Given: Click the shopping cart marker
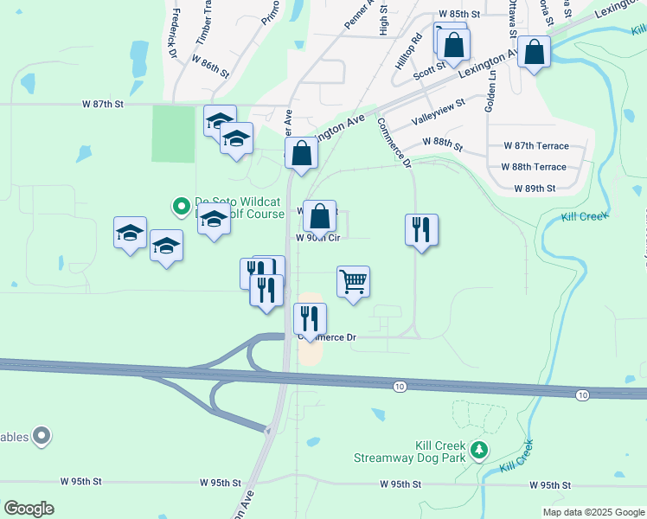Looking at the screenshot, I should coord(353,282).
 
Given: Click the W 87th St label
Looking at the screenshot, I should coord(104,104).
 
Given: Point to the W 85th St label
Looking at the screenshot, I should coord(459,15).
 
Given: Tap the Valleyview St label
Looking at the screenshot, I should coord(438,113).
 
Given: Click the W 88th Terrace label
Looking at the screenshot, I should coord(534,167).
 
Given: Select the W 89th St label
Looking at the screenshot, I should coord(534,188).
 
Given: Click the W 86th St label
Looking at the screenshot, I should coord(208,68).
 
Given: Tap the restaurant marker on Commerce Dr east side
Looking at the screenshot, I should coord(421,230).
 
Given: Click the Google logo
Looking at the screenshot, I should coord(29,508).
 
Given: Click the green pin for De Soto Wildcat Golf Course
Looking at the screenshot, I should coord(181,206).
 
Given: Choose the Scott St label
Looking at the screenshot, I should coord(428,69).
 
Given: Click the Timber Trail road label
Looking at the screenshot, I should coord(204,22).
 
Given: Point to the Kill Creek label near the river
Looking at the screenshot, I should coord(584,215).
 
